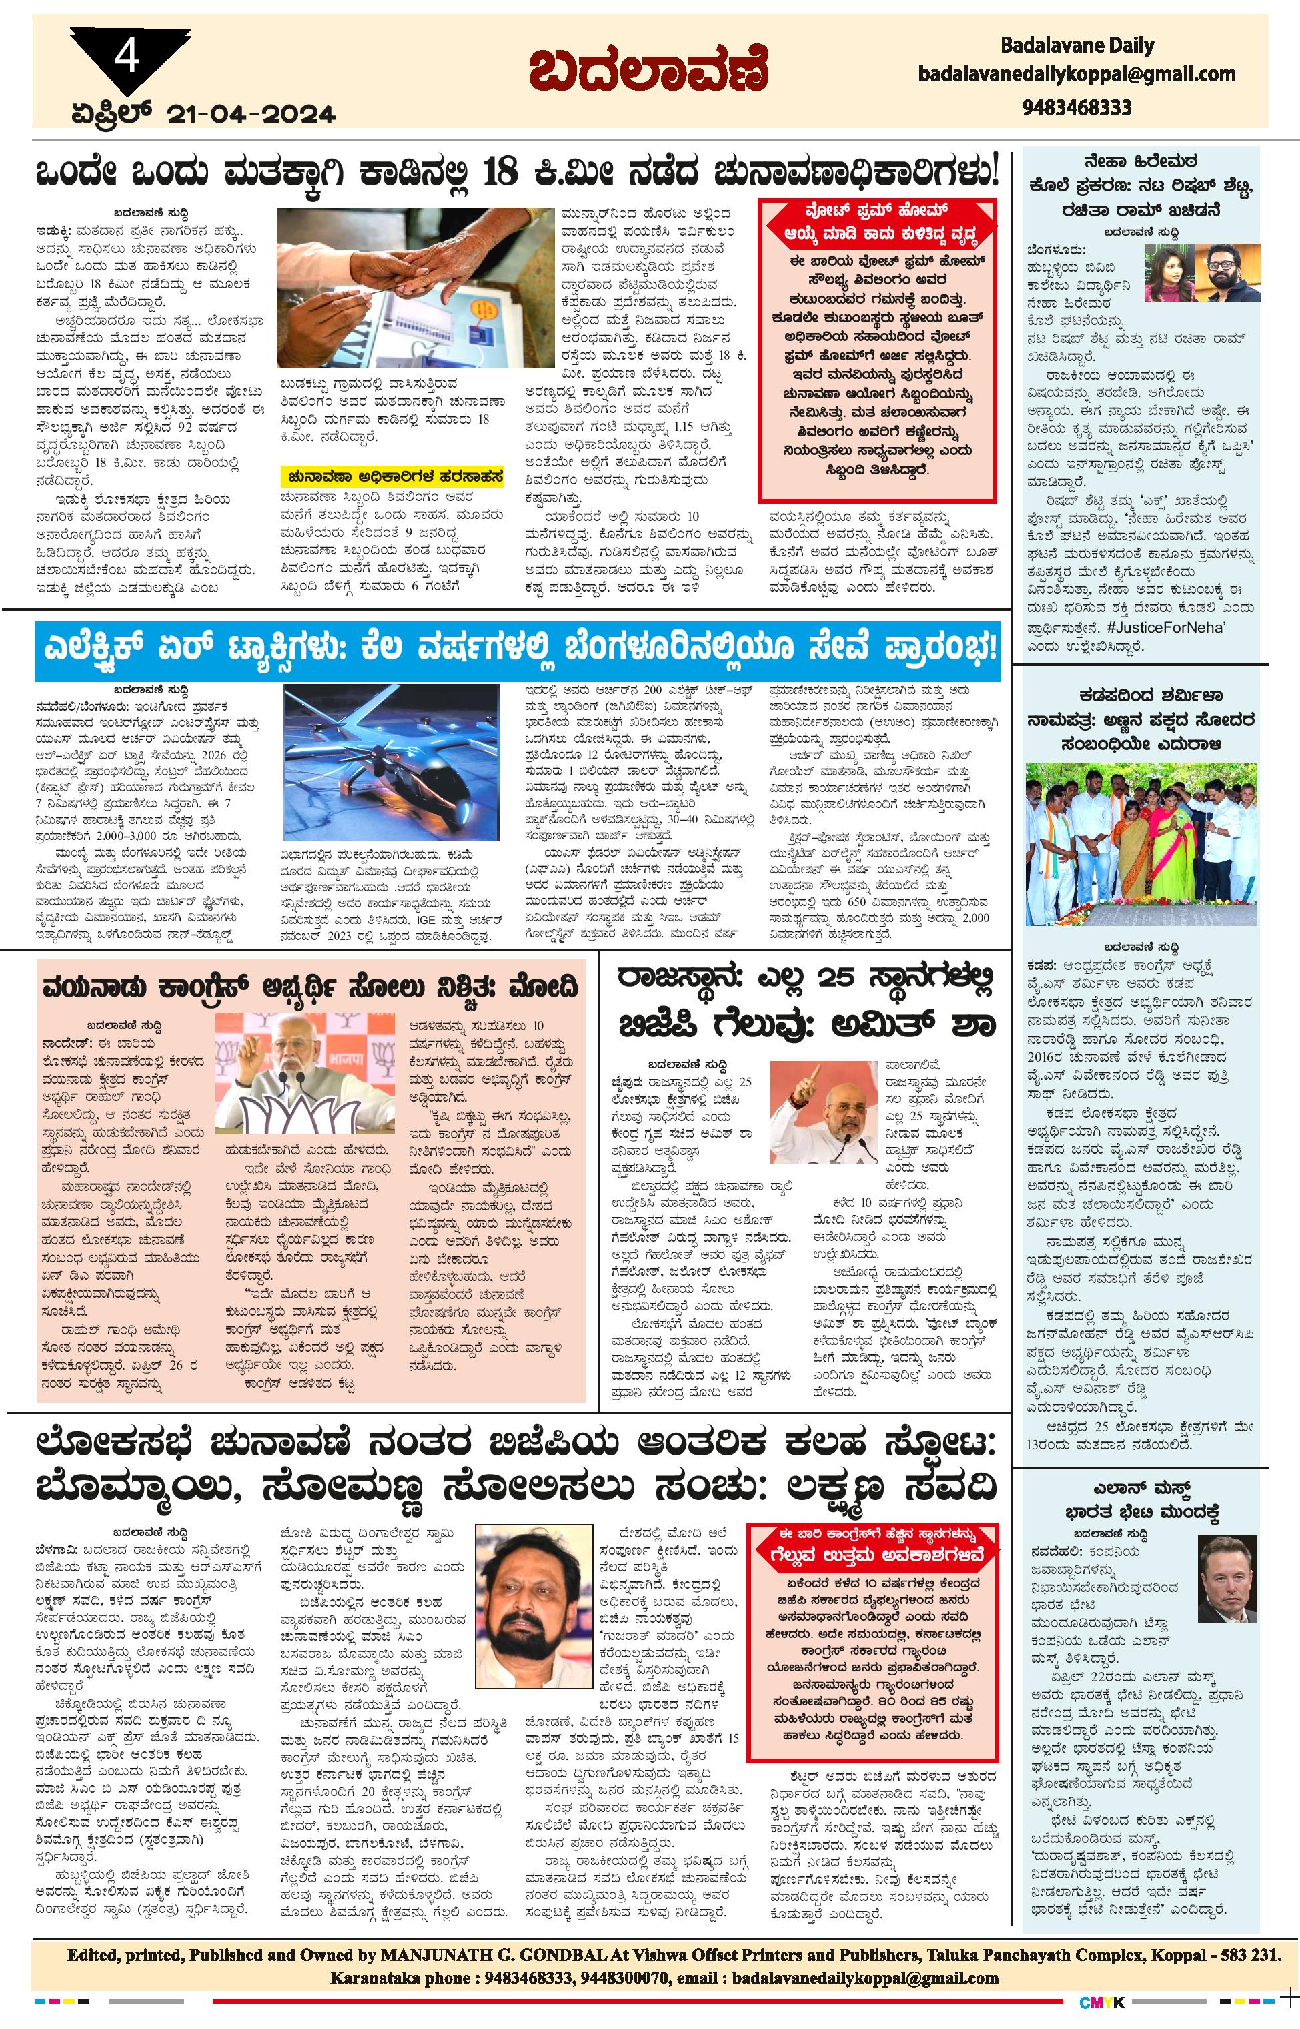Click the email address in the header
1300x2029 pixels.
[x=1077, y=74]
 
